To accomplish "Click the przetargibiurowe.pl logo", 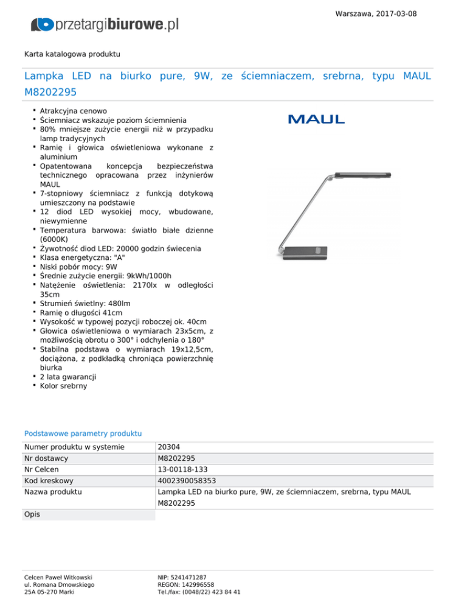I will pyautogui.click(x=105, y=24).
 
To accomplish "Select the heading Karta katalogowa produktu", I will pyautogui.click(x=72, y=54).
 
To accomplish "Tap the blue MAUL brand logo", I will pyautogui.click(x=316, y=119).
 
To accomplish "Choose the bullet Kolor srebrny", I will pyautogui.click(x=63, y=386).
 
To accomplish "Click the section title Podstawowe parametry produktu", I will pyautogui.click(x=83, y=433).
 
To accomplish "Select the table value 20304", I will pyautogui.click(x=168, y=447).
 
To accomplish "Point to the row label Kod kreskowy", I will pyautogui.click(x=49, y=480).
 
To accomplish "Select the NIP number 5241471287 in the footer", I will pyautogui.click(x=182, y=576).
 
